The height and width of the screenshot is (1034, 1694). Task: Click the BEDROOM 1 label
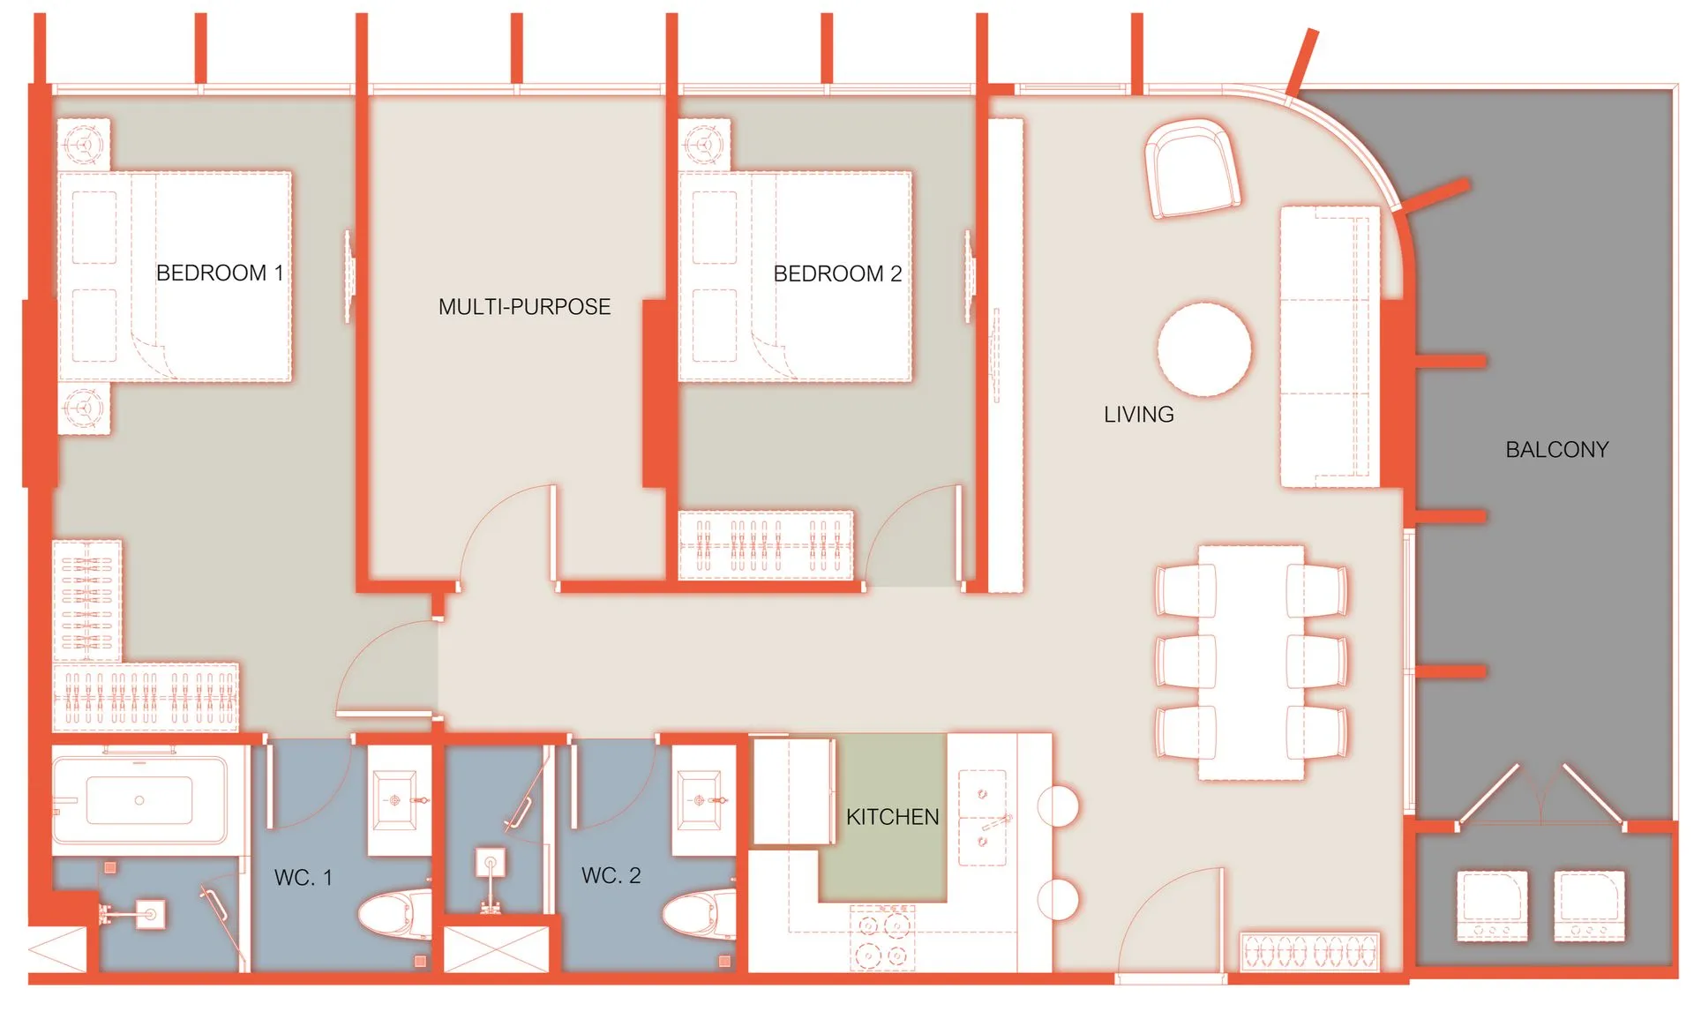220,273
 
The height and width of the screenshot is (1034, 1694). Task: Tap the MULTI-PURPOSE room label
524,306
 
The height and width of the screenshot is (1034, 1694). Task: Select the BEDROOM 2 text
837,273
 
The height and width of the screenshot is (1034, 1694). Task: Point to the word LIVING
1138,414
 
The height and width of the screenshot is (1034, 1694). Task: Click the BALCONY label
1556,449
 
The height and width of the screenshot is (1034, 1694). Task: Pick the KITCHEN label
892,817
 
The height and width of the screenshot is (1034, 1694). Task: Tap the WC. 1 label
303,877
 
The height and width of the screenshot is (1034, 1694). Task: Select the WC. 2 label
611,875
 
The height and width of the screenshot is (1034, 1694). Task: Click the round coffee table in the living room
1203,348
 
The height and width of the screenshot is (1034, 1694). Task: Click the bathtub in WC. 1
139,800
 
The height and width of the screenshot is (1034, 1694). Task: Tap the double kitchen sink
983,817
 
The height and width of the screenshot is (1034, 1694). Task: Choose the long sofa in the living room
1330,347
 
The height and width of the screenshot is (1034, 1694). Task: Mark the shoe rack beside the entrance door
1309,953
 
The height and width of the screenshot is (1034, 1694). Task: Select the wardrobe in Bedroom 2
766,545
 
